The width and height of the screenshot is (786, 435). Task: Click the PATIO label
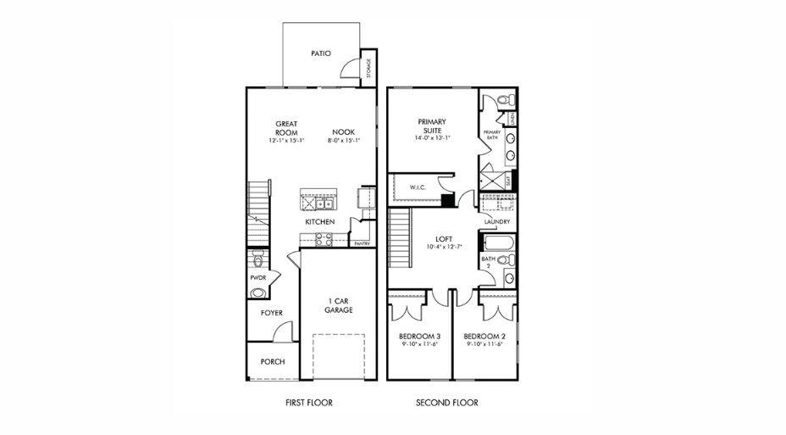[320, 53]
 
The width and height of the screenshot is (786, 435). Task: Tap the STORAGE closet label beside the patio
[369, 68]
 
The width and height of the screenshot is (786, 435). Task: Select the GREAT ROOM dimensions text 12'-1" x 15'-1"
[285, 141]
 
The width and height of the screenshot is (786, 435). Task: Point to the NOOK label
[343, 131]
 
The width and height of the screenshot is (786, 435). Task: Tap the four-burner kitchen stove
[324, 239]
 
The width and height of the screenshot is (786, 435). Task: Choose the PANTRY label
[362, 243]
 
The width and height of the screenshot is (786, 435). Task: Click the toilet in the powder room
[258, 257]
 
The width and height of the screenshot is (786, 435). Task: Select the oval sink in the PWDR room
[257, 293]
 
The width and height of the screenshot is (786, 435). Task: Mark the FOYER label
[271, 313]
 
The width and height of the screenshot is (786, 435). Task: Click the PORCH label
[272, 361]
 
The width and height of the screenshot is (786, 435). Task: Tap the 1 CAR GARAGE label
[340, 305]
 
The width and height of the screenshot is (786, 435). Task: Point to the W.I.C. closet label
[418, 187]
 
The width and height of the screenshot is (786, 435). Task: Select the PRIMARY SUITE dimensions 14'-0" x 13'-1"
[432, 137]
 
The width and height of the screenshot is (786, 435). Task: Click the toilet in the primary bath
[504, 101]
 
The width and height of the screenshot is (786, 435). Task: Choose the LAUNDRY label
[496, 222]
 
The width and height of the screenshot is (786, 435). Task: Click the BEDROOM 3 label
[418, 337]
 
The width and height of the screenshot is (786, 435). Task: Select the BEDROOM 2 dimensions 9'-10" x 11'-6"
[484, 344]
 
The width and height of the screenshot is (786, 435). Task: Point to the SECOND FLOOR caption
[446, 403]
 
